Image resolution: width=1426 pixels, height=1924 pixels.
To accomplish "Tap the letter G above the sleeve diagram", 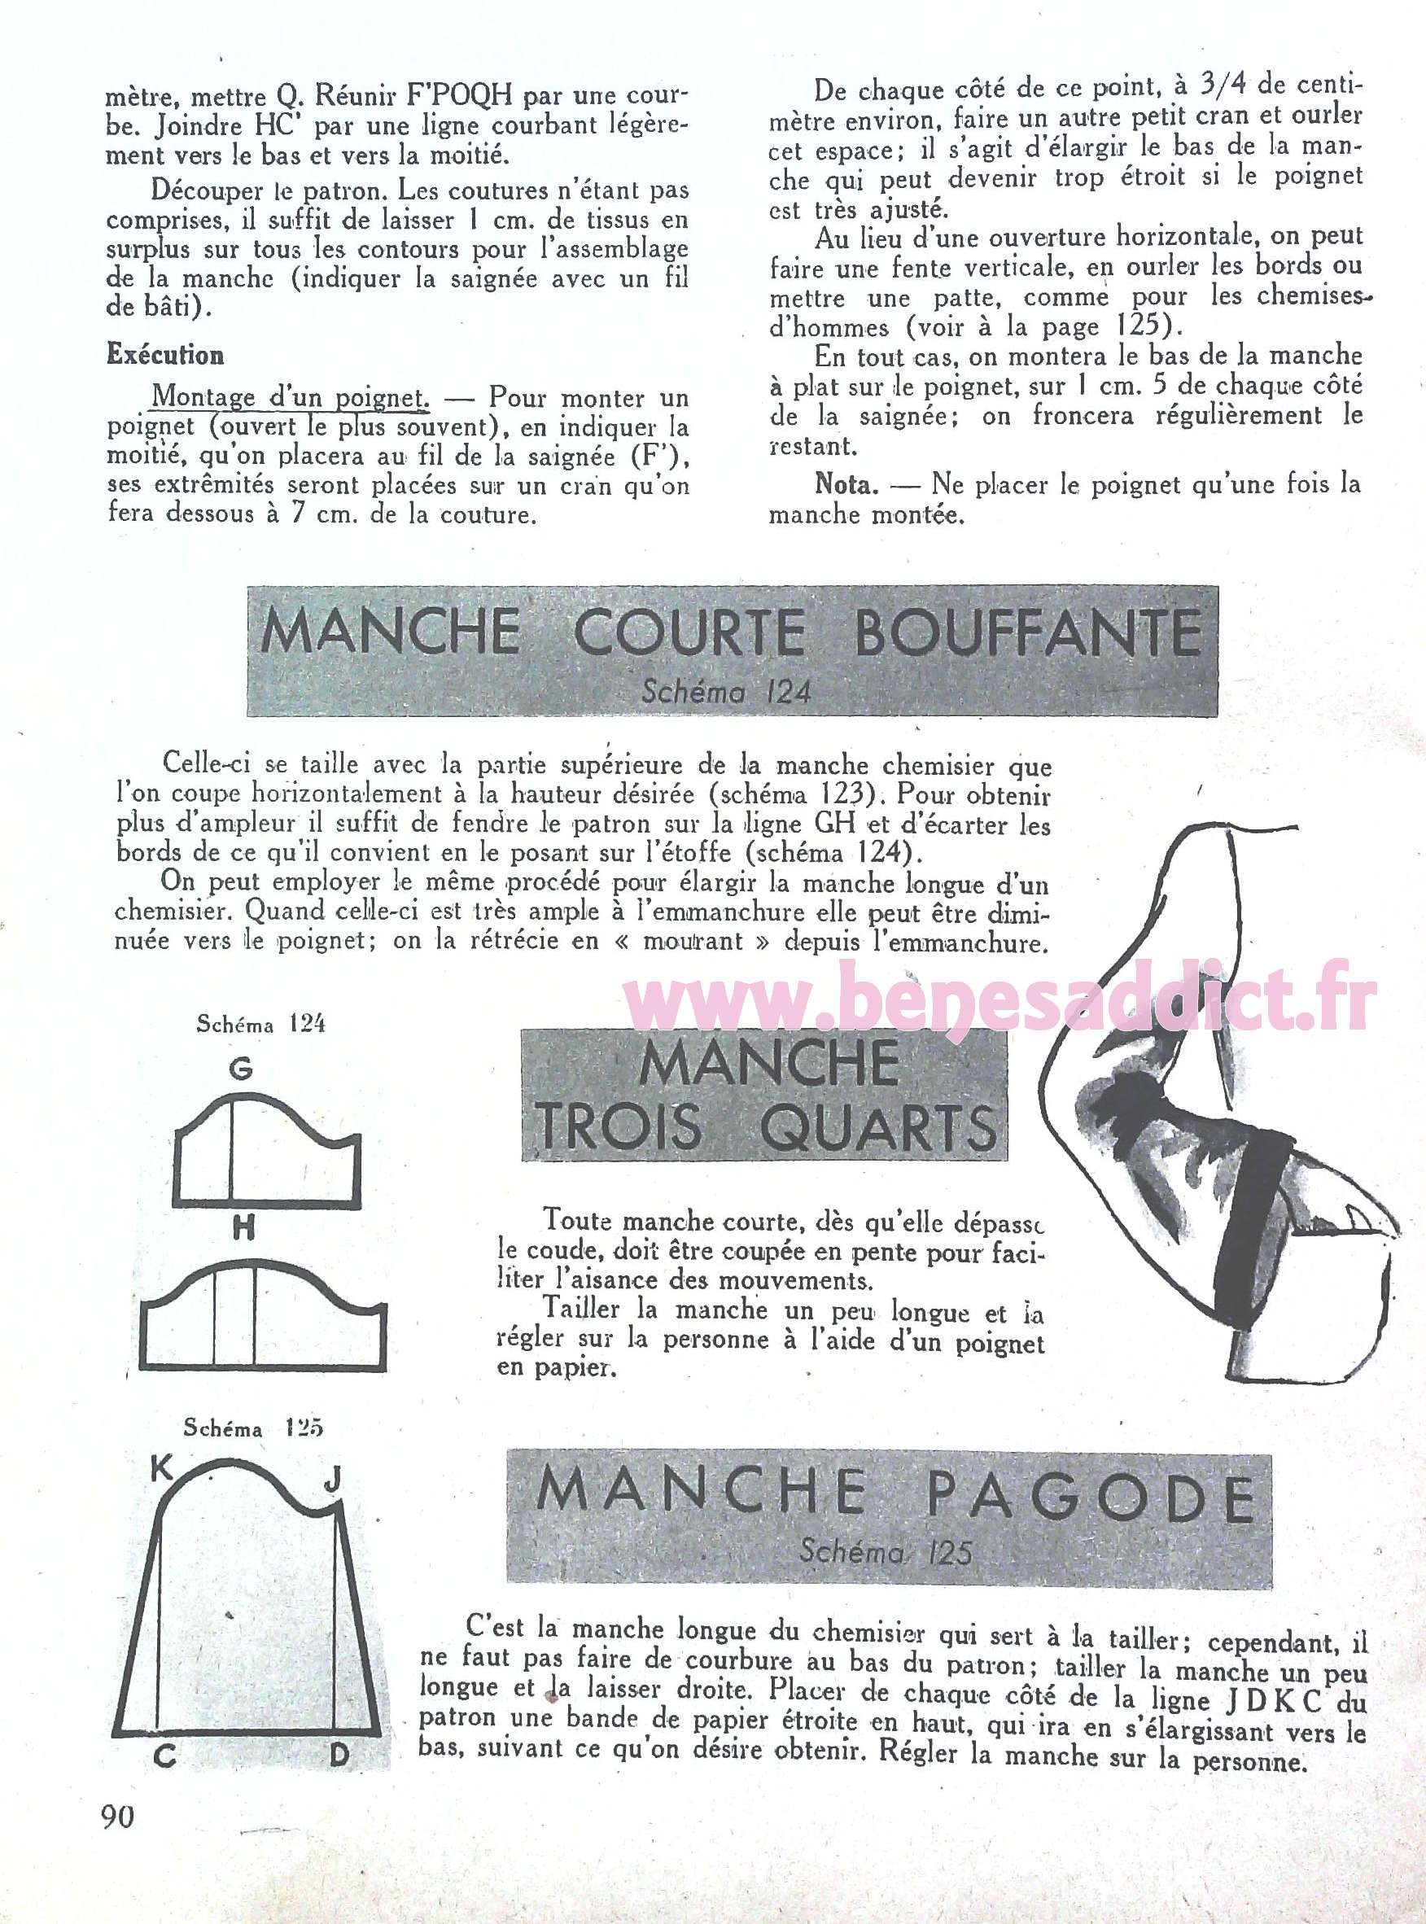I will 241,1070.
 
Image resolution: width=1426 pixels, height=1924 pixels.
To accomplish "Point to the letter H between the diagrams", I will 244,1228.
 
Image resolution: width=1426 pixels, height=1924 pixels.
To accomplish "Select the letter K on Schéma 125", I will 162,1468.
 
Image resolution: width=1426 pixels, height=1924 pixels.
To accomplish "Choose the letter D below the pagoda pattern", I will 339,1754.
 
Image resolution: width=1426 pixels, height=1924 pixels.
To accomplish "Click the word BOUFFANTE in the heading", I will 1027,632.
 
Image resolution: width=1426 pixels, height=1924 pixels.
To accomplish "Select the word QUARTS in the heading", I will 880,1127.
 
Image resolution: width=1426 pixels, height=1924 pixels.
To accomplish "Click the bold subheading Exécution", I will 165,355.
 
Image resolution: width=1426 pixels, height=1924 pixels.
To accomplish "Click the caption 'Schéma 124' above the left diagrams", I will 260,1025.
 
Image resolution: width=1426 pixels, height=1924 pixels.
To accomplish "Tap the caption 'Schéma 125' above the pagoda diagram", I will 253,1428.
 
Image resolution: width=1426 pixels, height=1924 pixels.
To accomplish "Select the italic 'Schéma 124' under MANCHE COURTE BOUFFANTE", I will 726,693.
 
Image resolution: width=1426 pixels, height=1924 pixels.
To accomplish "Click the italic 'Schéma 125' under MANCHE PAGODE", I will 886,1553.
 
